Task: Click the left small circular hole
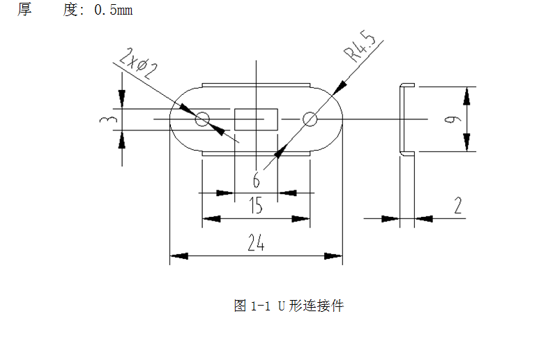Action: tap(202, 119)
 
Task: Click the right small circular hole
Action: tap(310, 119)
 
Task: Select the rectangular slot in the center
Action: tap(256, 119)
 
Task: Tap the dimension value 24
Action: tap(256, 243)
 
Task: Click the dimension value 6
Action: tap(256, 181)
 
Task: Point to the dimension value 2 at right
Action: tap(457, 206)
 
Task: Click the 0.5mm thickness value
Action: tap(113, 11)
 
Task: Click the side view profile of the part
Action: tap(402, 119)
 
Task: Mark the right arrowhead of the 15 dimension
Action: tap(301, 219)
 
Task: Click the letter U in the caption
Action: tap(282, 306)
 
